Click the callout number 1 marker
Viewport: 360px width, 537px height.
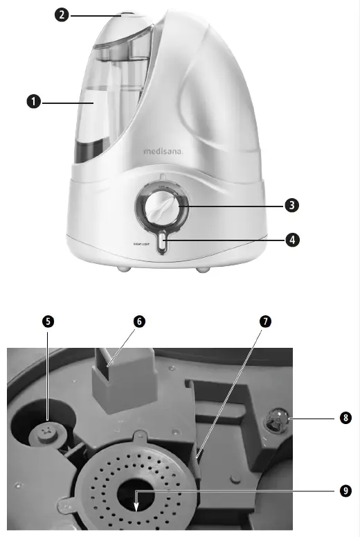32,103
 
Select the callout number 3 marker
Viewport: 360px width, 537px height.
292,205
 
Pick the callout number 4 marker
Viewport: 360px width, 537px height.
292,240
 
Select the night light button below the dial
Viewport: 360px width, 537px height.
161,243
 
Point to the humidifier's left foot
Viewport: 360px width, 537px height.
123,267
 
